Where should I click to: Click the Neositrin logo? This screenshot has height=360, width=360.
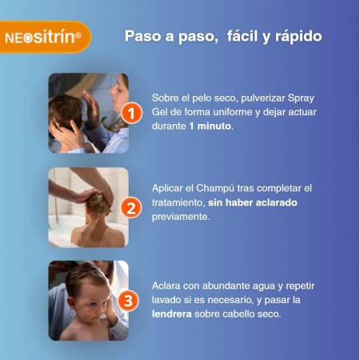coord(46,37)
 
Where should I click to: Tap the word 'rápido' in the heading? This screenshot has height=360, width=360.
coord(295,37)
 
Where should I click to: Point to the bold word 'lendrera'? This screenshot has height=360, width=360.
coord(174,314)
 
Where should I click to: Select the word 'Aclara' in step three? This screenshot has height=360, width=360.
coord(167,284)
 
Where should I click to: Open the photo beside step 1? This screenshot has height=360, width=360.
coord(88,113)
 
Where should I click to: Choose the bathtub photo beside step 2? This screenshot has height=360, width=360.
coord(88,207)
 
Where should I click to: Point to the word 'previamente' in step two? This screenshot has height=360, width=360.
coord(181,217)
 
